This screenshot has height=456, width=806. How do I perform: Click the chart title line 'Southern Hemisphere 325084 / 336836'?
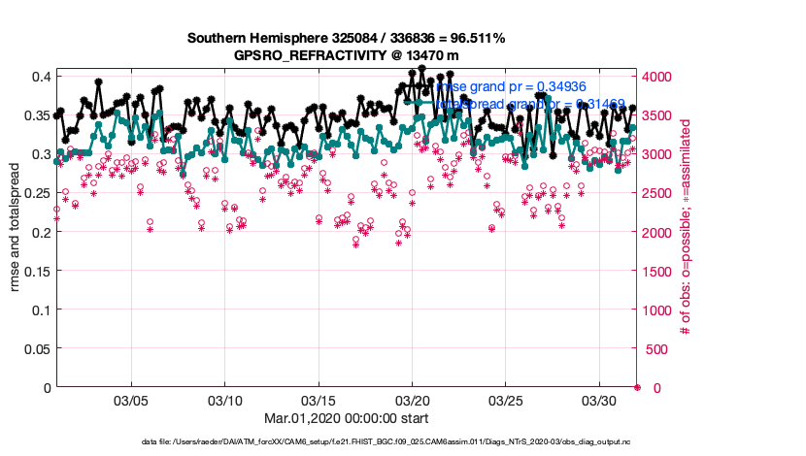click(346, 39)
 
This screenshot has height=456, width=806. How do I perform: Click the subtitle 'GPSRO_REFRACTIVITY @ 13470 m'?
click(346, 55)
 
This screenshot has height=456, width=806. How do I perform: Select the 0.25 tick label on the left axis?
click(35, 194)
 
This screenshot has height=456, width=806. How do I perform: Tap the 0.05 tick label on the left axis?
click(35, 349)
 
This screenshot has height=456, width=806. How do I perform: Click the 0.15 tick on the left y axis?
click(35, 272)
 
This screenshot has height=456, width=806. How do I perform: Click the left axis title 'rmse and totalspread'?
click(14, 232)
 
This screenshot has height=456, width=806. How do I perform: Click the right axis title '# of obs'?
click(686, 228)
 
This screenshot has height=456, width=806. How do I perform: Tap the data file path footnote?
click(400, 442)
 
